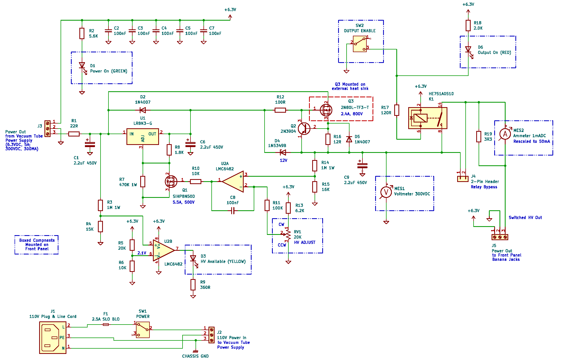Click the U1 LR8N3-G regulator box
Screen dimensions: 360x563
pos(143,136)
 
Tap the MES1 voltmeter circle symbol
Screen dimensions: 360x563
pos(386,192)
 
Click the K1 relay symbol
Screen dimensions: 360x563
pos(428,118)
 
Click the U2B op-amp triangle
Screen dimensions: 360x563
pos(163,250)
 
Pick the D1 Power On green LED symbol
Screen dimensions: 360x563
pos(82,65)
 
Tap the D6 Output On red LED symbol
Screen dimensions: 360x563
pos(468,49)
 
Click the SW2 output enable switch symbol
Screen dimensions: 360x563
pos(360,44)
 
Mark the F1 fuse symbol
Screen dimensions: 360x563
pos(106,324)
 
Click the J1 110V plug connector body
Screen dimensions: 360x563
pos(53,338)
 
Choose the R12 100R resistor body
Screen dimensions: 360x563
pos(280,110)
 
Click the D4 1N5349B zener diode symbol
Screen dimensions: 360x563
pos(283,152)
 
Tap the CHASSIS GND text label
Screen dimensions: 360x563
pos(195,356)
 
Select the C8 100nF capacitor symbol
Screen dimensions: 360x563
pos(233,211)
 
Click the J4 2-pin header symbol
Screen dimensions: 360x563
pos(463,179)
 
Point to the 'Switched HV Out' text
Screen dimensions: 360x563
pos(525,217)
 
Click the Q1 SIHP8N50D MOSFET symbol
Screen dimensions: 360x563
pos(171,181)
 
